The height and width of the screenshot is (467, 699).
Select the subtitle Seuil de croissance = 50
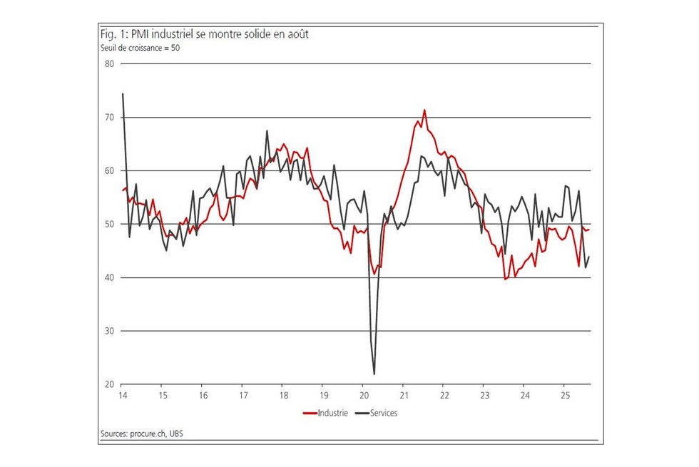point(139,48)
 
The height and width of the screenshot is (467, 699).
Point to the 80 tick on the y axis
point(110,64)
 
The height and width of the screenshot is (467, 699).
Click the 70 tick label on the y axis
point(110,118)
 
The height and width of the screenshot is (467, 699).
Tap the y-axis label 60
point(110,171)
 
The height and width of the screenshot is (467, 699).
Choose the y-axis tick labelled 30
point(110,332)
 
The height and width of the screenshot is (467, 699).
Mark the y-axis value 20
point(110,385)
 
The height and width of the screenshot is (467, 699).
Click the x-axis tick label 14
point(122,396)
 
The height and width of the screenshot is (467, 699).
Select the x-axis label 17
point(243,396)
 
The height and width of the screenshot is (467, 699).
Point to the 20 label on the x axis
point(363,396)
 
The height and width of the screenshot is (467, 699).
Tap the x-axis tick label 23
point(484,396)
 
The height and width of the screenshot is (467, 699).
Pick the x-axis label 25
point(564,396)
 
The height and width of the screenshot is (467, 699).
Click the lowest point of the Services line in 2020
point(374,374)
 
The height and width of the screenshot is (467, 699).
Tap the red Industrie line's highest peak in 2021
point(424,110)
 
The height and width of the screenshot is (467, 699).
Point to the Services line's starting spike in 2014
point(123,93)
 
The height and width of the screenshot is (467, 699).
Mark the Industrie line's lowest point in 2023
point(505,279)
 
